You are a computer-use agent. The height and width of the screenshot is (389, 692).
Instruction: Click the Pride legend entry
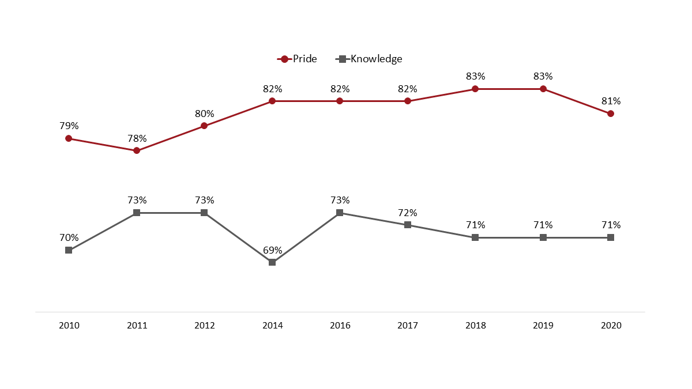click(298, 59)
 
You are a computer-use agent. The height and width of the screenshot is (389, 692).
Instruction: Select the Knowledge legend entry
click(369, 59)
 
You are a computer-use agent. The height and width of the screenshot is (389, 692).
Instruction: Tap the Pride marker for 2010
click(69, 138)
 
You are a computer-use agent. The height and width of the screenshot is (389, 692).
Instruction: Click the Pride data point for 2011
click(137, 150)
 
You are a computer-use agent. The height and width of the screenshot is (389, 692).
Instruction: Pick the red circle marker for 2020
click(611, 114)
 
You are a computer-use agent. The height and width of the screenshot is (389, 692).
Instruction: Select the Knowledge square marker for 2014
click(272, 262)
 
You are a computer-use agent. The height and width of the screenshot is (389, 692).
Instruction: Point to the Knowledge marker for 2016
click(340, 213)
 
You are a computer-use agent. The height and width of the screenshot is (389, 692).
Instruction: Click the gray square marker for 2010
click(69, 250)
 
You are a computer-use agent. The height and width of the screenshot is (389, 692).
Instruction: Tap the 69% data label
click(272, 250)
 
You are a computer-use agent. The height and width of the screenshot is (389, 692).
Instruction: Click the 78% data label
click(137, 138)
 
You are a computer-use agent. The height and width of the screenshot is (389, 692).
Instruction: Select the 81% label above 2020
click(611, 101)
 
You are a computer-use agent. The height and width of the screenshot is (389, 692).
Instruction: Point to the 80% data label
click(204, 114)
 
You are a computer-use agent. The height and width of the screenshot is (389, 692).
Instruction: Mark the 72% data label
click(408, 213)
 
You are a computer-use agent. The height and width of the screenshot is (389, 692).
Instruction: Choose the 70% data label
click(69, 237)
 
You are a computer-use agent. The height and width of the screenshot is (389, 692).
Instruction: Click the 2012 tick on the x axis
click(204, 326)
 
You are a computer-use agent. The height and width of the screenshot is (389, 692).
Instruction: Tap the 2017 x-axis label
click(408, 326)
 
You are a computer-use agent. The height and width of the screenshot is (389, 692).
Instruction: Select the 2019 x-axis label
click(543, 326)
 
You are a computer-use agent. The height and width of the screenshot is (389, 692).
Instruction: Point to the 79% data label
click(69, 126)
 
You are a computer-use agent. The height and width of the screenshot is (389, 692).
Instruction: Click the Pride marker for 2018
click(475, 89)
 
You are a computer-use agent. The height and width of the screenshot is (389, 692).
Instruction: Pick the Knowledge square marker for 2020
click(611, 237)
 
